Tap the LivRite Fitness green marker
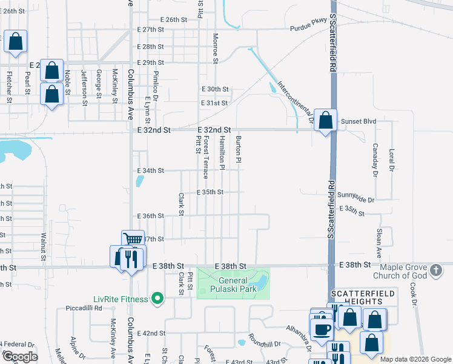[158, 298]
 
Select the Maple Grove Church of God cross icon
[436, 269]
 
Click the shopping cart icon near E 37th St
[132, 239]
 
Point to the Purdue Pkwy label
[308, 28]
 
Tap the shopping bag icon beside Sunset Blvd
[326, 120]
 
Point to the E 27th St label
[151, 30]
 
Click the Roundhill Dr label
[264, 343]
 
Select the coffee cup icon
[321, 329]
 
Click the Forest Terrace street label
[206, 157]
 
